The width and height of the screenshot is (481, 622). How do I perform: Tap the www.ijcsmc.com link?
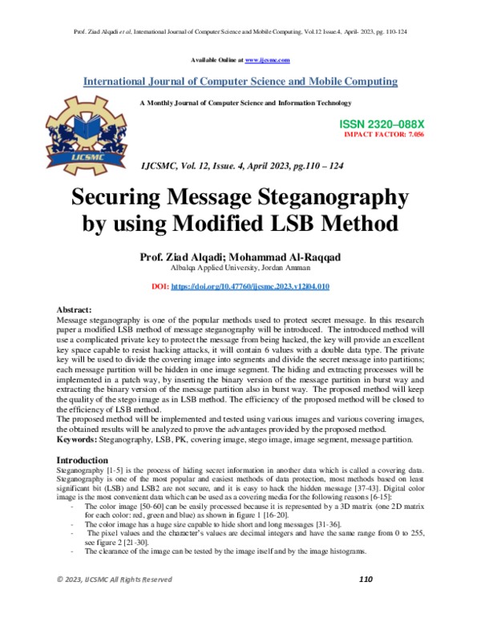[x=268, y=60]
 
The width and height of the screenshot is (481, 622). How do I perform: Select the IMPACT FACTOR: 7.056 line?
[x=384, y=136]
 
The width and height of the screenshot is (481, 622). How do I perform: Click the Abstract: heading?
[x=75, y=309]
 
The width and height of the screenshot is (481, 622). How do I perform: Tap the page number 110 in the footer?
[x=366, y=601]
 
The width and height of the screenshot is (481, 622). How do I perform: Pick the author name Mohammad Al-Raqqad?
[x=297, y=256]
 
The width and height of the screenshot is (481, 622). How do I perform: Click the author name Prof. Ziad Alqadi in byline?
[x=180, y=256]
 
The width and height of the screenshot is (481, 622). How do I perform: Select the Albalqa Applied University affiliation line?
[x=240, y=268]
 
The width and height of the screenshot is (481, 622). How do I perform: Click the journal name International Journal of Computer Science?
[x=240, y=82]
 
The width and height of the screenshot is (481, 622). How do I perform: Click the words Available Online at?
[x=217, y=60]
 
